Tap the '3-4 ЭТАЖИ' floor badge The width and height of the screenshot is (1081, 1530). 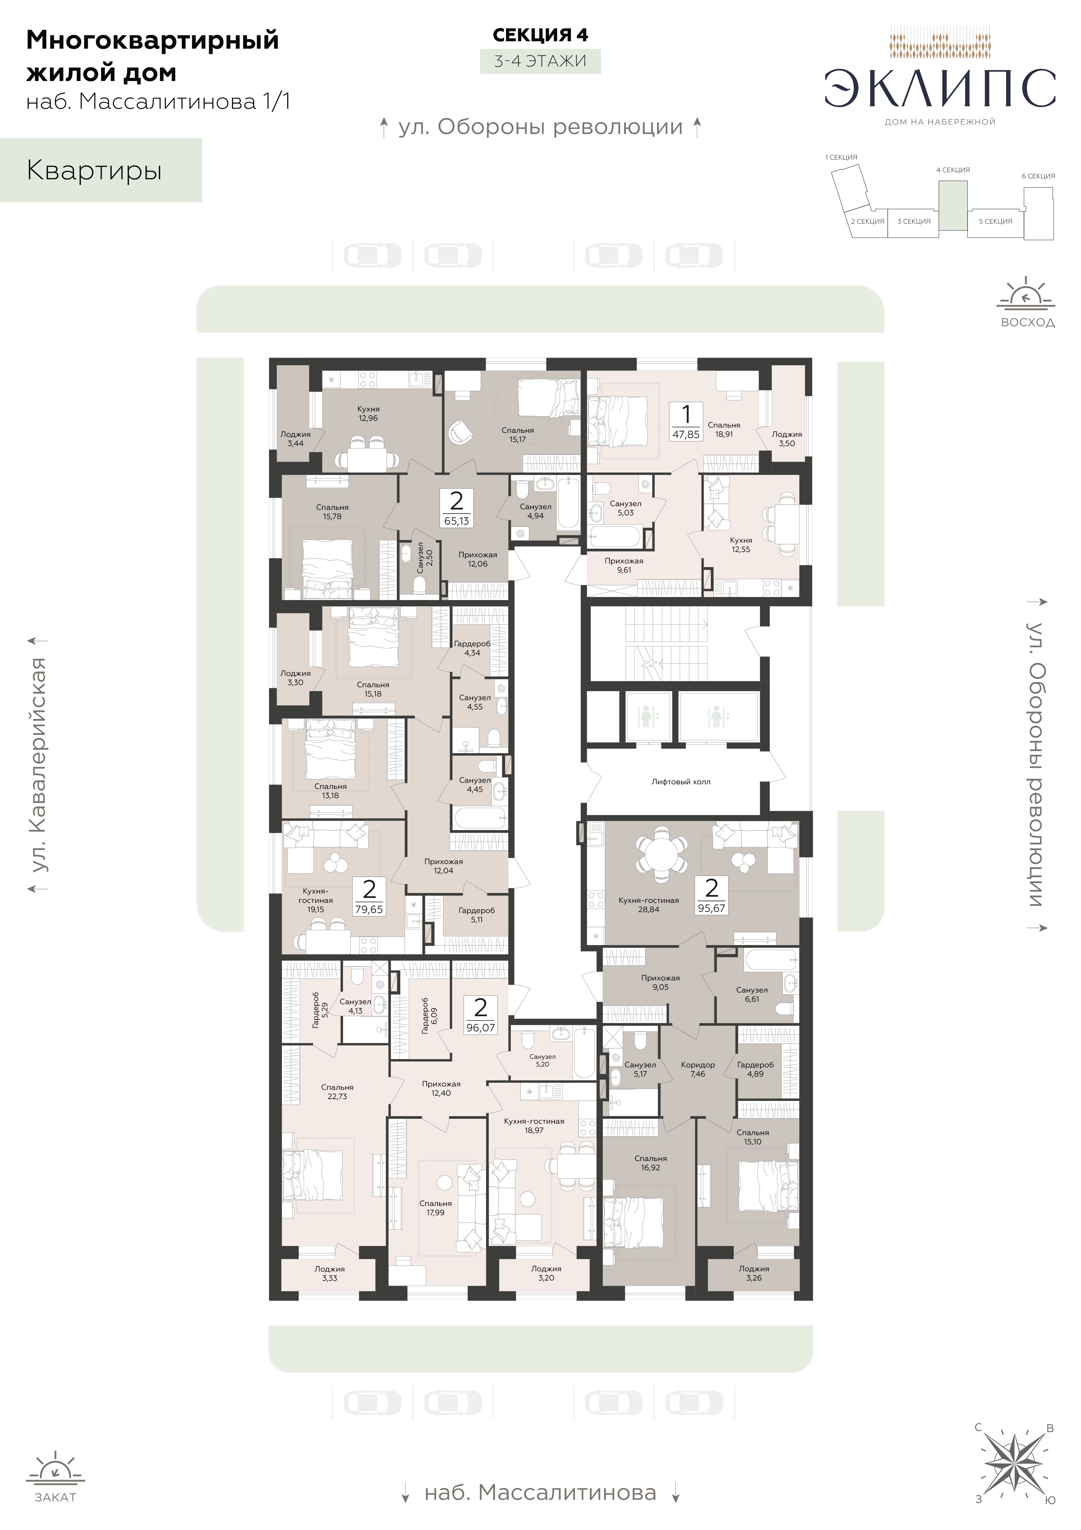click(x=540, y=61)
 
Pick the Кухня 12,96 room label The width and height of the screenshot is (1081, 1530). click(x=368, y=414)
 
